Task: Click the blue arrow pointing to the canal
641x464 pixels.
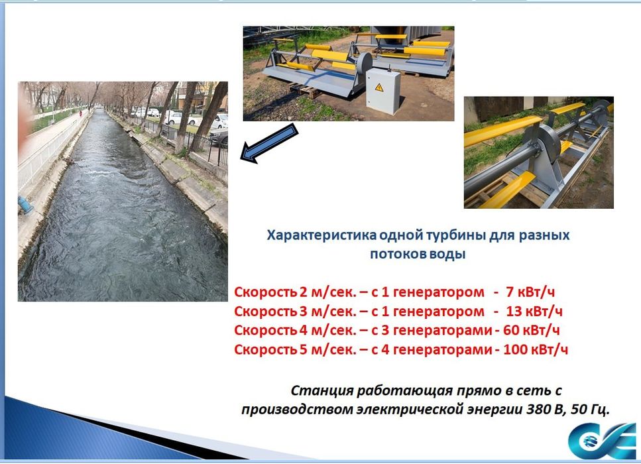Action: click(x=268, y=143)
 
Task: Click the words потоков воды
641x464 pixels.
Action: click(x=418, y=254)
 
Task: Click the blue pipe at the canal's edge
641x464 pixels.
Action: click(x=26, y=206)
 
